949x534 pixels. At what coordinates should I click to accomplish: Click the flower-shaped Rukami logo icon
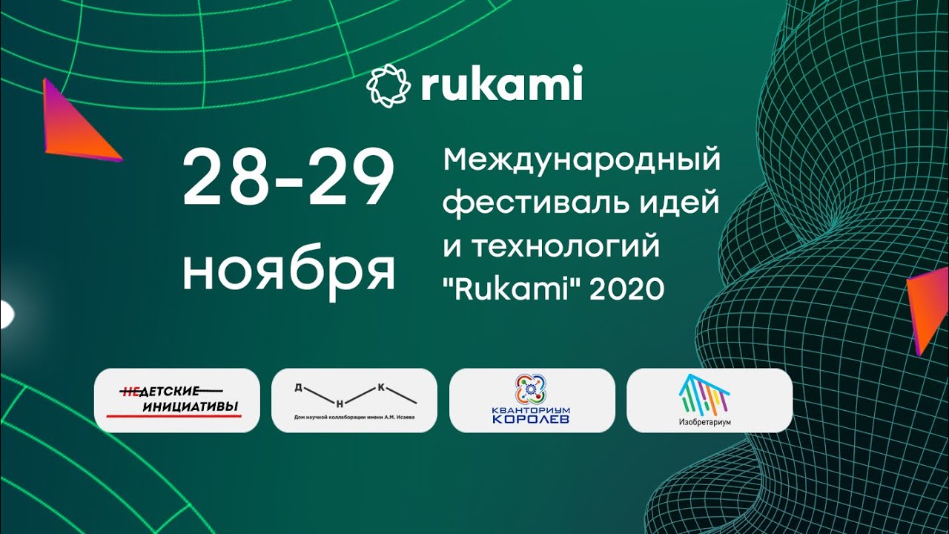click(x=388, y=85)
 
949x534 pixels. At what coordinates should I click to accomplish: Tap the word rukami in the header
click(x=501, y=85)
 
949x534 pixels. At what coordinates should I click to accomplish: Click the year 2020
click(x=627, y=289)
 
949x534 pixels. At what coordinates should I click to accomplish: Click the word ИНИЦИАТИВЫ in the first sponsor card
click(x=191, y=405)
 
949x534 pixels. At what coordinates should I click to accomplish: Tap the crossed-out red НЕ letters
click(x=130, y=391)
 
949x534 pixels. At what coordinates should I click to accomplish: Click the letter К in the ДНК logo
click(x=380, y=386)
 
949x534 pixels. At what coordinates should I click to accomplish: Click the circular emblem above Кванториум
click(x=531, y=389)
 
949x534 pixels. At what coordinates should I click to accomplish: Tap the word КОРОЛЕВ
click(x=532, y=419)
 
